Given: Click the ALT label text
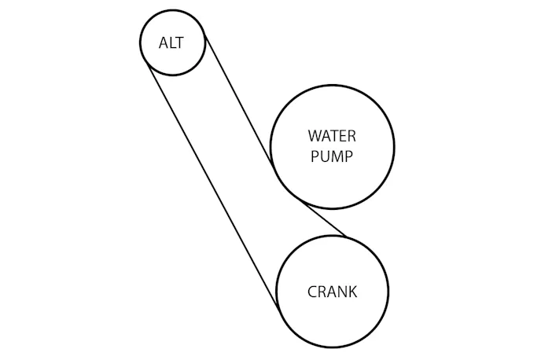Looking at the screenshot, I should click(171, 42).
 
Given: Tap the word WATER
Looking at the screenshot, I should click(331, 135).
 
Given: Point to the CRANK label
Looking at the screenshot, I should click(332, 292).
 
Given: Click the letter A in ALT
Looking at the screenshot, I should click(164, 42).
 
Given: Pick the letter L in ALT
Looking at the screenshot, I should click(172, 42).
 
